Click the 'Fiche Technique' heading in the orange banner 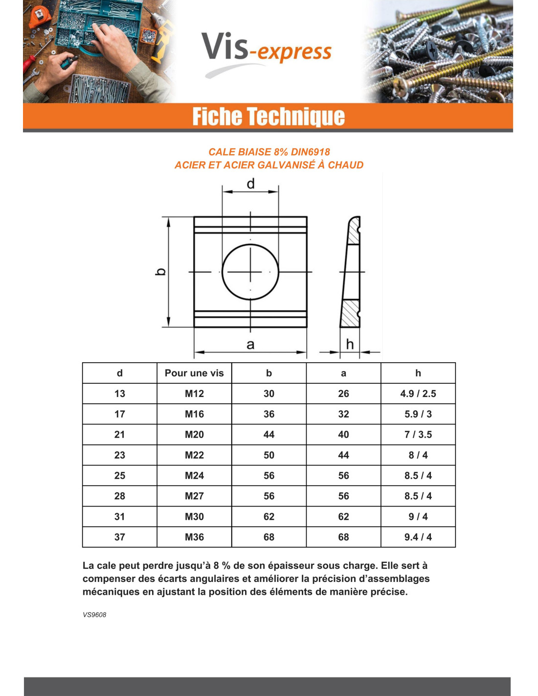tap(269, 116)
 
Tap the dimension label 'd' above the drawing tap(250, 184)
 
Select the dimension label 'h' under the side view tap(350, 344)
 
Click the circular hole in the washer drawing tap(250, 272)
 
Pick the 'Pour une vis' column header tap(194, 373)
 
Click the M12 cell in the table tap(194, 394)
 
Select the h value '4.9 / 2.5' tap(418, 394)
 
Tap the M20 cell tap(194, 435)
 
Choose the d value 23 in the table tap(120, 455)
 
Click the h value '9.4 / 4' tap(418, 537)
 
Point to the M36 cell tap(194, 537)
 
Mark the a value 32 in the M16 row tap(343, 414)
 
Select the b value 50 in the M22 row tap(269, 455)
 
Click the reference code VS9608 tap(94, 615)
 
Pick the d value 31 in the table tap(120, 516)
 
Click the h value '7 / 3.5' tap(418, 435)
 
